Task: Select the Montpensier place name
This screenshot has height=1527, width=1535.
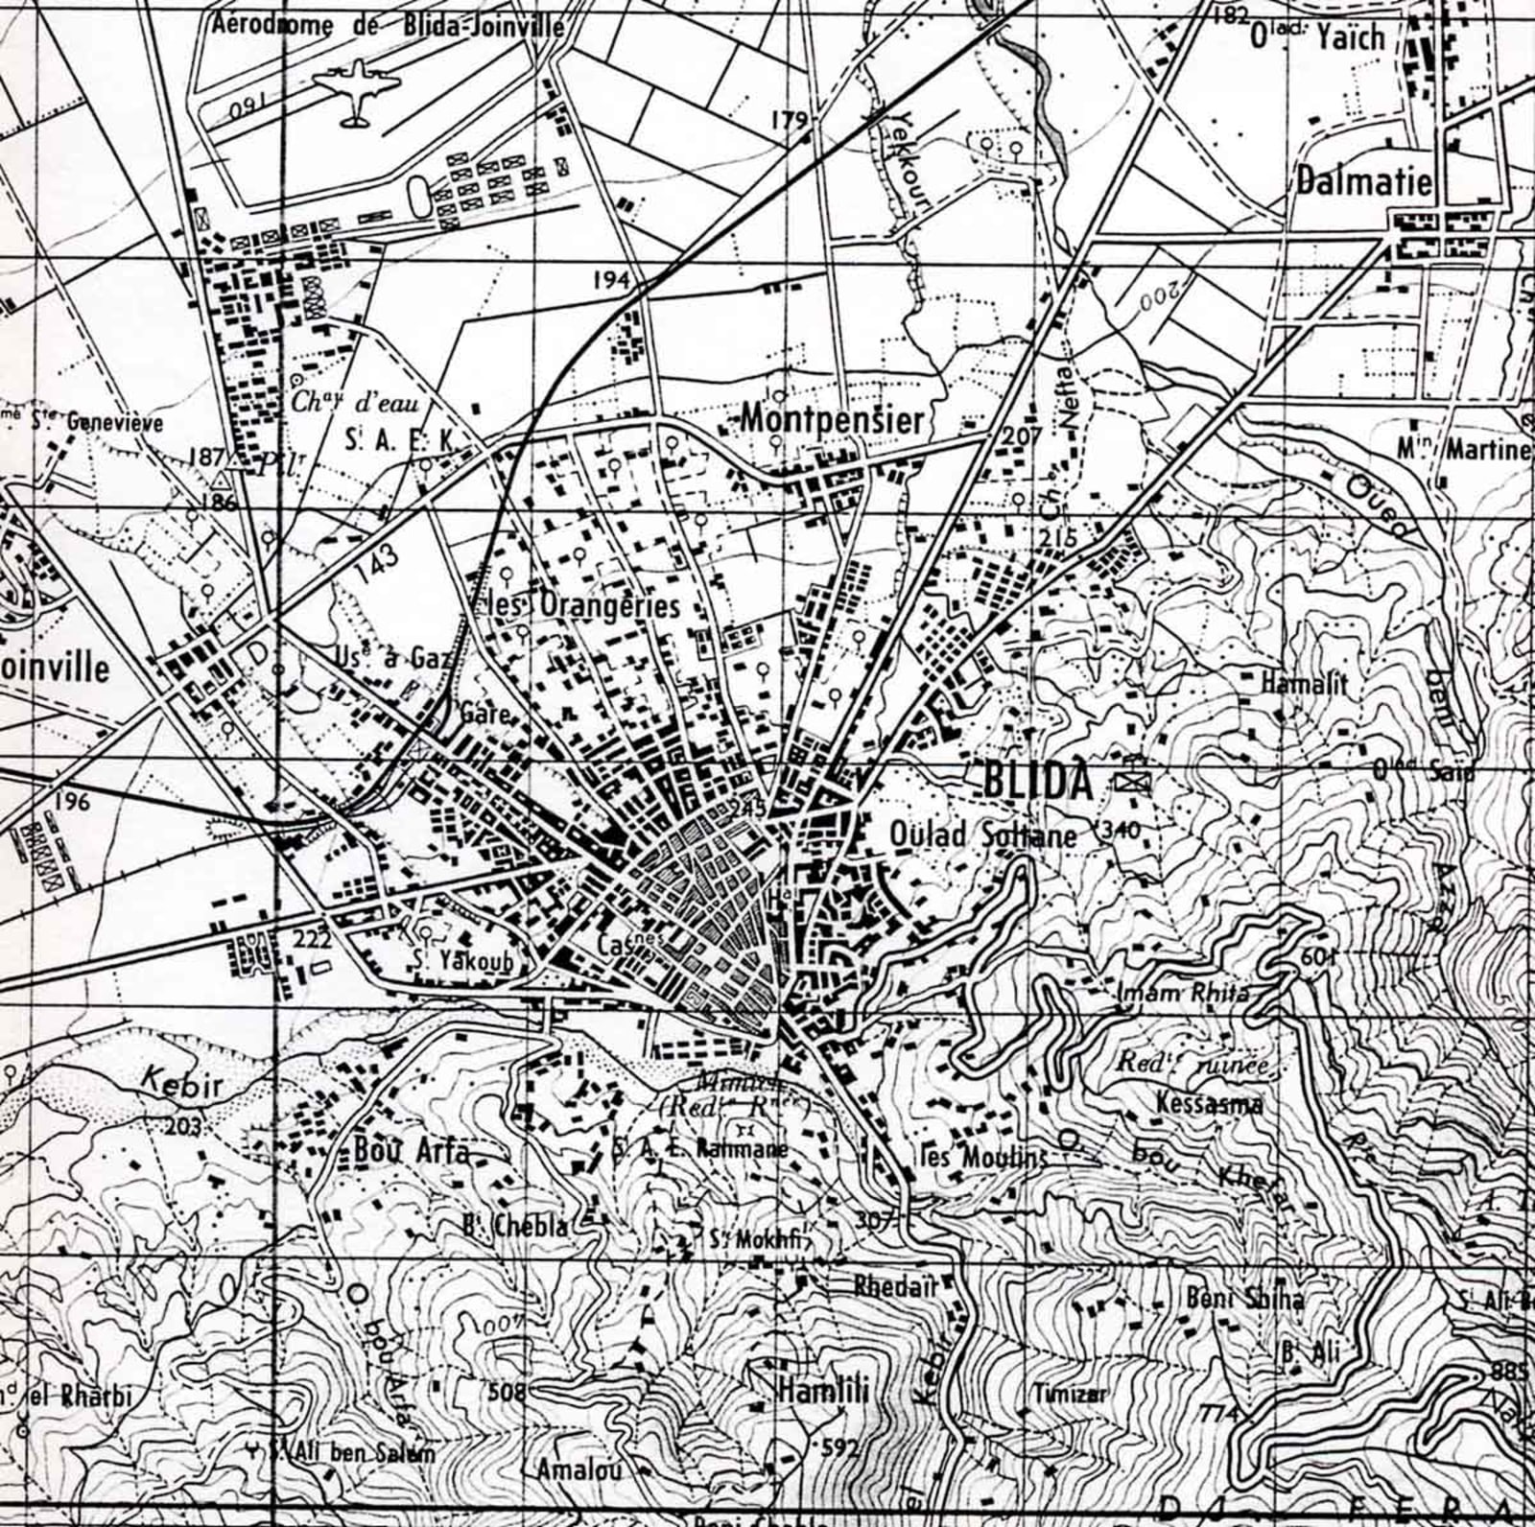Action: point(833,419)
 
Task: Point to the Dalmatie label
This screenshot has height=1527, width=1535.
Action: point(1363,181)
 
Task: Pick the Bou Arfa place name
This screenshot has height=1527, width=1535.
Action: point(412,1150)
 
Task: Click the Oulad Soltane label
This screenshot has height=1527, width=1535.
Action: point(983,835)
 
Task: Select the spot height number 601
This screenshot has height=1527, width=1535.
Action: point(1318,957)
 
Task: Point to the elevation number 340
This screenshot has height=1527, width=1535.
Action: point(1122,830)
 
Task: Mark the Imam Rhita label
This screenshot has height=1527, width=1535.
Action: point(1184,993)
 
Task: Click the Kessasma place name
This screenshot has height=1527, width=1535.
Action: point(1209,1103)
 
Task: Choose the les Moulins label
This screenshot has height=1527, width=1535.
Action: point(982,1158)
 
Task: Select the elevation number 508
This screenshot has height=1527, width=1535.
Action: point(508,1391)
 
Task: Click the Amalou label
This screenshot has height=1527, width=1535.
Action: point(579,1468)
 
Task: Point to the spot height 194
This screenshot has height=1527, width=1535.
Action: point(611,280)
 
